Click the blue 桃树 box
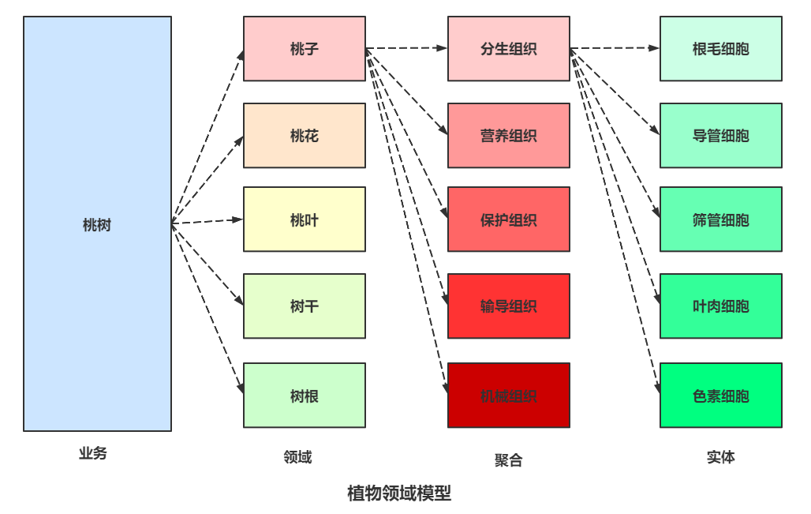click(x=97, y=224)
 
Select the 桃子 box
click(x=304, y=49)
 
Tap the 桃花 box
click(x=304, y=136)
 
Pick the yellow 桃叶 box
click(x=304, y=219)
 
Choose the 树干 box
click(x=304, y=306)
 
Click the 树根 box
click(x=304, y=396)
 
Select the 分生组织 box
click(x=508, y=49)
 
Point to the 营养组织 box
click(x=508, y=136)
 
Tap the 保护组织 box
click(x=508, y=219)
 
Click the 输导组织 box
click(x=508, y=306)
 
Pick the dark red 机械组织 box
click(x=508, y=396)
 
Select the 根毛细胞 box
click(x=720, y=49)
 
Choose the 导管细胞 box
click(x=720, y=136)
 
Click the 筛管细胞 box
click(x=720, y=219)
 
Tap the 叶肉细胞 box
click(x=720, y=306)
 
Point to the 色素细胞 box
click(x=720, y=396)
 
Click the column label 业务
click(x=92, y=454)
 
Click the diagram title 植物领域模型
click(x=399, y=493)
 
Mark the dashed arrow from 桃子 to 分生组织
click(x=406, y=49)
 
